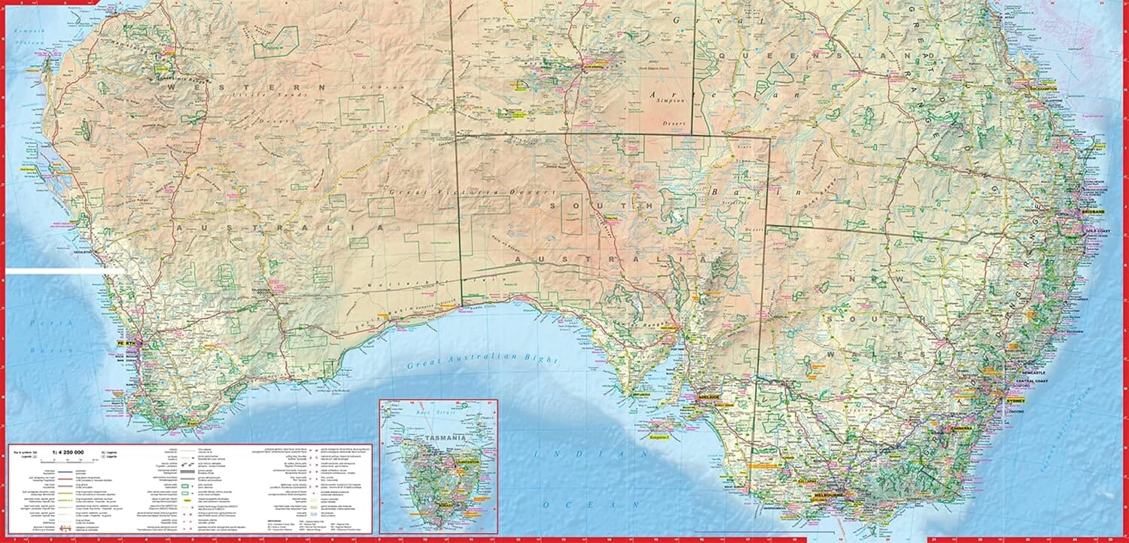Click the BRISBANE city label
pyautogui.click(x=1092, y=212)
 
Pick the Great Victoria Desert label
pyautogui.click(x=443, y=193)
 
